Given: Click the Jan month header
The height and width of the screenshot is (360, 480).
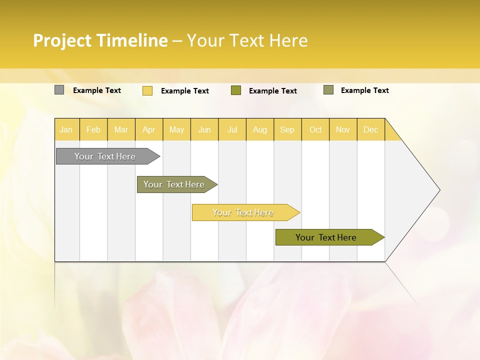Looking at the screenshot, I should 66,129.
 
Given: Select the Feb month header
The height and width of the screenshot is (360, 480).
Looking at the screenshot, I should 93,129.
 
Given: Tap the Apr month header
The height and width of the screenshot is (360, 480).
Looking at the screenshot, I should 148,129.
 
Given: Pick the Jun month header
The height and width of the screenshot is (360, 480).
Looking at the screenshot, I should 204,129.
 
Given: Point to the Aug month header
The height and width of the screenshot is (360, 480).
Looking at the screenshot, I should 260,129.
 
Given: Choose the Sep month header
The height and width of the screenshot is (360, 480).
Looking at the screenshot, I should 287,129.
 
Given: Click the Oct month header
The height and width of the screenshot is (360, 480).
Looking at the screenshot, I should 315,129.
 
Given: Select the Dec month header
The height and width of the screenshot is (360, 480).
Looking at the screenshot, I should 370,129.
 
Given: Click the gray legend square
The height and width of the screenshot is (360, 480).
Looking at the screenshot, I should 59,90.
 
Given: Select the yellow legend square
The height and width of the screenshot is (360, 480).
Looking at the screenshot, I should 147,90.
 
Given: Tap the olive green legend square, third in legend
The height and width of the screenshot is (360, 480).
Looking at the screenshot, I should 236,90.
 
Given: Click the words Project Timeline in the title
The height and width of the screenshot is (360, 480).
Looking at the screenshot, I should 100,40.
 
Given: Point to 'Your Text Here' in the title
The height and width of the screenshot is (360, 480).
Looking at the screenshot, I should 247,40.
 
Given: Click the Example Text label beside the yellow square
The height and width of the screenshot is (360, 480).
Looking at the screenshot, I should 185,91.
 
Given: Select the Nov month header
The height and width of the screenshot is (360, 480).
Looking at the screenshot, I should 343,129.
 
